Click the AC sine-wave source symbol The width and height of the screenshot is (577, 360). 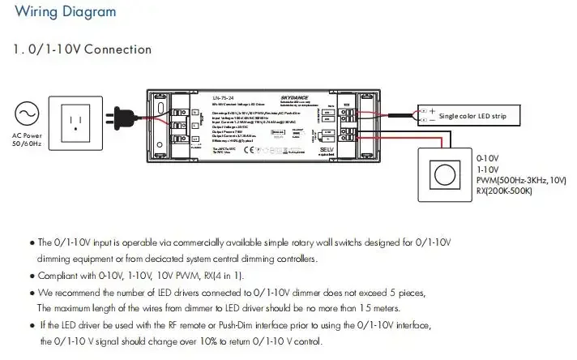click(x=26, y=113)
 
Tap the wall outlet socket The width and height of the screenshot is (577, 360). click(x=77, y=122)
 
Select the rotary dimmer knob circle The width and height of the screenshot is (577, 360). click(x=443, y=174)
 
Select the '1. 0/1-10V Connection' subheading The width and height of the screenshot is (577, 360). click(x=83, y=49)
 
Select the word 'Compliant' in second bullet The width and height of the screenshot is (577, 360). click(x=58, y=276)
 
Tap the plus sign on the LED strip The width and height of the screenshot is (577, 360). click(x=432, y=111)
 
